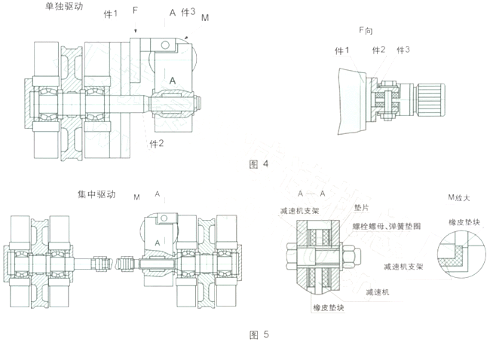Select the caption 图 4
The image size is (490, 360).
258,163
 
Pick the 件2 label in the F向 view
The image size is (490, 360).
378,50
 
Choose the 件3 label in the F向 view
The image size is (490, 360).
402,50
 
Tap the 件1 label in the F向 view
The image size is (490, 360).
344,50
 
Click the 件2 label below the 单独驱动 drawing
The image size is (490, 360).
157,142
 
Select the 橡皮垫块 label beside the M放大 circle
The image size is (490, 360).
462,223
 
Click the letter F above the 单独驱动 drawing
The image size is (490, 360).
135,12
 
